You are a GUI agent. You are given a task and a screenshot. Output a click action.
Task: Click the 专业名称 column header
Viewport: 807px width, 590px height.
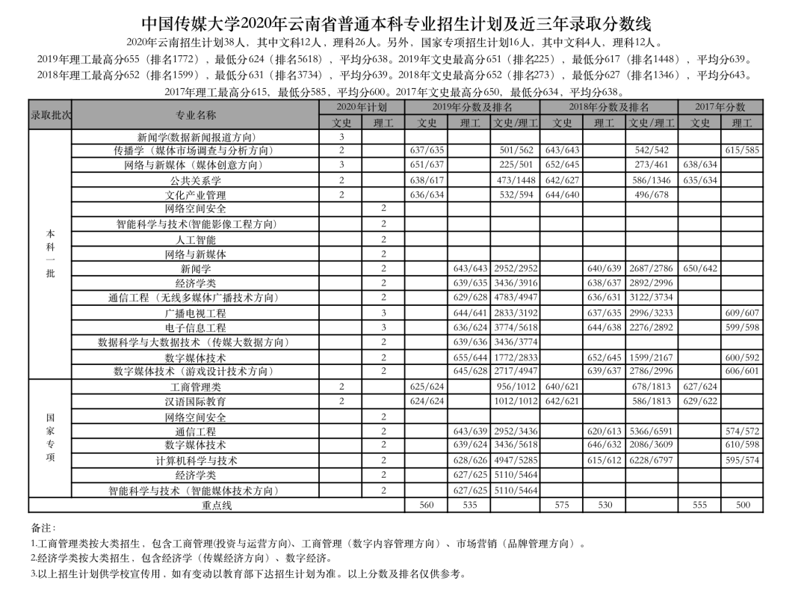pyautogui.click(x=196, y=115)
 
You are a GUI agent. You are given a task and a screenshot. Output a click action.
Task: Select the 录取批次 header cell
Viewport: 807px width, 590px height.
pyautogui.click(x=51, y=115)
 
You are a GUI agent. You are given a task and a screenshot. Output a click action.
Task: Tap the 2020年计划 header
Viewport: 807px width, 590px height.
pyautogui.click(x=362, y=108)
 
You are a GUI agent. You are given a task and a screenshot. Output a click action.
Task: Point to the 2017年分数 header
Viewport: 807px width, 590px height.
pyautogui.click(x=720, y=108)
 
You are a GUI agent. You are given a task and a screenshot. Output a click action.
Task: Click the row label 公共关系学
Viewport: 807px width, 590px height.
pyautogui.click(x=196, y=180)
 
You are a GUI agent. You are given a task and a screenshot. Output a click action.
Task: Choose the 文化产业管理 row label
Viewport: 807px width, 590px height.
pyautogui.click(x=196, y=195)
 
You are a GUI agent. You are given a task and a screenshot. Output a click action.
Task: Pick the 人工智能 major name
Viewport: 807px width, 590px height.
pyautogui.click(x=196, y=240)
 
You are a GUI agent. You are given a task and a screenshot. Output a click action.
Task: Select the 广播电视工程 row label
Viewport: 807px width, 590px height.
pyautogui.click(x=196, y=313)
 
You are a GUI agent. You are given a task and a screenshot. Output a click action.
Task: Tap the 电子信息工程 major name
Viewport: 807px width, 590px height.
pyautogui.click(x=196, y=328)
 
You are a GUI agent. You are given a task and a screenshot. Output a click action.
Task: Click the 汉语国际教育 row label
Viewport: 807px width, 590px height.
pyautogui.click(x=196, y=402)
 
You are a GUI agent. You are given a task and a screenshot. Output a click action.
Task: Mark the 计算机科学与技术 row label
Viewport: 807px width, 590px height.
pyautogui.click(x=196, y=461)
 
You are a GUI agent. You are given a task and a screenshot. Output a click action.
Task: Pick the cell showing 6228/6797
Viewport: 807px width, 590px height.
pyautogui.click(x=652, y=461)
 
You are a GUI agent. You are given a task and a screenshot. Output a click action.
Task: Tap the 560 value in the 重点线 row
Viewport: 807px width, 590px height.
pyautogui.click(x=427, y=506)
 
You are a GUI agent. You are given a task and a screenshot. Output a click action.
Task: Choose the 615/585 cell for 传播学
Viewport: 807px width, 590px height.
pyautogui.click(x=742, y=150)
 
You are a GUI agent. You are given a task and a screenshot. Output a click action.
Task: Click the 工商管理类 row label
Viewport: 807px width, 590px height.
pyautogui.click(x=196, y=387)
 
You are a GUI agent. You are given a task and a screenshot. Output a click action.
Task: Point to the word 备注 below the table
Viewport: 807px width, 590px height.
pyautogui.click(x=43, y=528)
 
